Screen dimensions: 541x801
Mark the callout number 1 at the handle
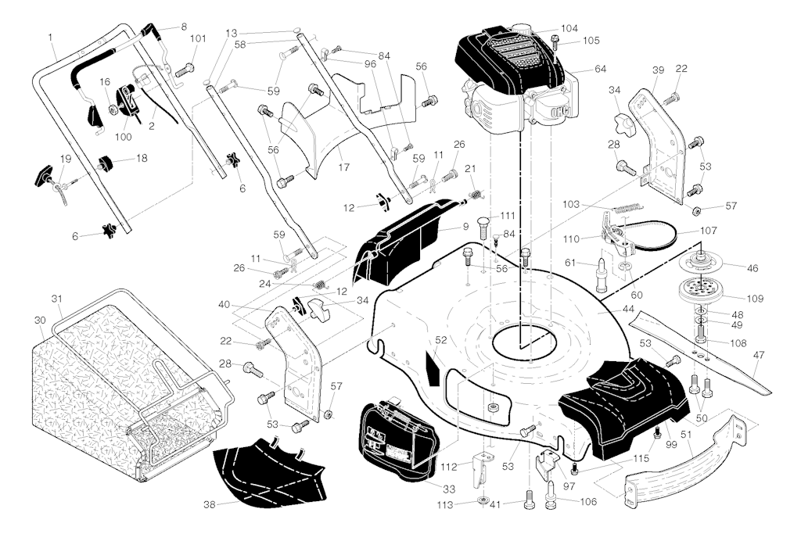click(x=51, y=37)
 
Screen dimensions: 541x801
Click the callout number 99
click(x=670, y=444)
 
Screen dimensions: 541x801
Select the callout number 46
click(x=753, y=268)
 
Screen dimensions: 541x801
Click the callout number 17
click(x=342, y=167)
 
